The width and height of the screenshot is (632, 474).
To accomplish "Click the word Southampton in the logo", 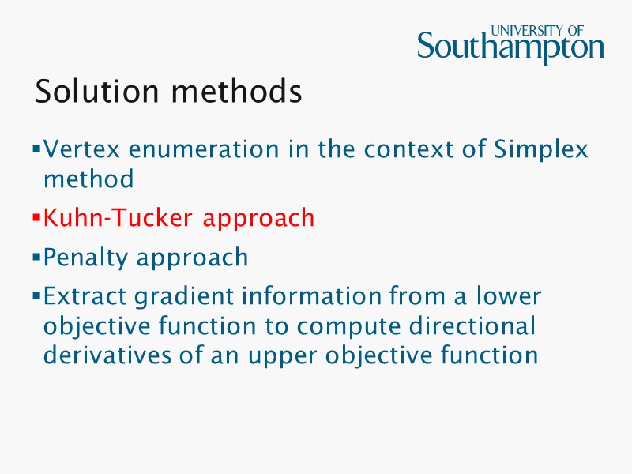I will [x=510, y=49].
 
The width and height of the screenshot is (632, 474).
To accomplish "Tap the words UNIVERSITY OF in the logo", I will [x=537, y=31].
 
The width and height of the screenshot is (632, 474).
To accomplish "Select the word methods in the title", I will [x=236, y=92].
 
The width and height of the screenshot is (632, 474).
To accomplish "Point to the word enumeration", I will [x=206, y=149].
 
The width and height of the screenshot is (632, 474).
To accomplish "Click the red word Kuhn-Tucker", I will [x=119, y=217].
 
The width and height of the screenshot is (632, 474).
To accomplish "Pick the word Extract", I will [x=85, y=296].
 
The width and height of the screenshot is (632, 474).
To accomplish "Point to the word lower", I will [x=509, y=296].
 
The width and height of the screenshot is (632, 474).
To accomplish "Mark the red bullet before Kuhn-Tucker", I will [x=36, y=216].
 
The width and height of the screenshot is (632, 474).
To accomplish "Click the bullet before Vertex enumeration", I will [x=36, y=149].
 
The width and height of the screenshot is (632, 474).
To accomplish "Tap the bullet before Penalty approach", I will [x=36, y=257].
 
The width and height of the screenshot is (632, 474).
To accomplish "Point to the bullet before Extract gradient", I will [x=36, y=296].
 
